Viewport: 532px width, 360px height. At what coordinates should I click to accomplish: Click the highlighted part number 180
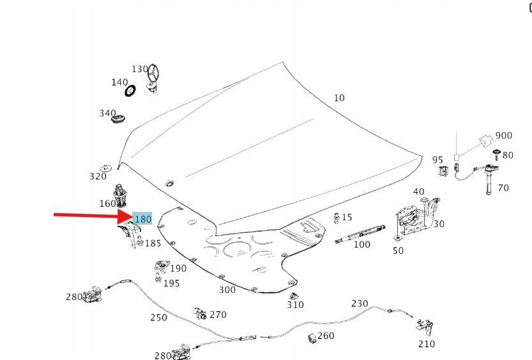pos(142,219)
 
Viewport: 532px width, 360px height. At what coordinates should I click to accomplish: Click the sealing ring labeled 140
pos(131,91)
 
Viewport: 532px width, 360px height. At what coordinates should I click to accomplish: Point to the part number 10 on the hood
pos(338,98)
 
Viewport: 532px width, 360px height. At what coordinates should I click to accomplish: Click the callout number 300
pos(227,290)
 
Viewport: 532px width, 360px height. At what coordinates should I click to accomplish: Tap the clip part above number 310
pos(294,296)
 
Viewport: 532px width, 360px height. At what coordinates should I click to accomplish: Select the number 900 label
pos(504,135)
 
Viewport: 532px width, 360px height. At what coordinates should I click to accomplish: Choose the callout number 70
pos(503,188)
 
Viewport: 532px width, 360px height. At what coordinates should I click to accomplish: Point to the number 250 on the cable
pos(158,317)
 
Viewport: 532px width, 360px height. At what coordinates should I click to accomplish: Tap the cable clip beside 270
pos(200,313)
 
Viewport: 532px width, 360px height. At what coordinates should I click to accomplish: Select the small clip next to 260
pos(312,337)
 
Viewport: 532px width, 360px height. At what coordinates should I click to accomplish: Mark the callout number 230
pos(360,303)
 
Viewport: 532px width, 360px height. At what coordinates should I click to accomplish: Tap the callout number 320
pos(98,177)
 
